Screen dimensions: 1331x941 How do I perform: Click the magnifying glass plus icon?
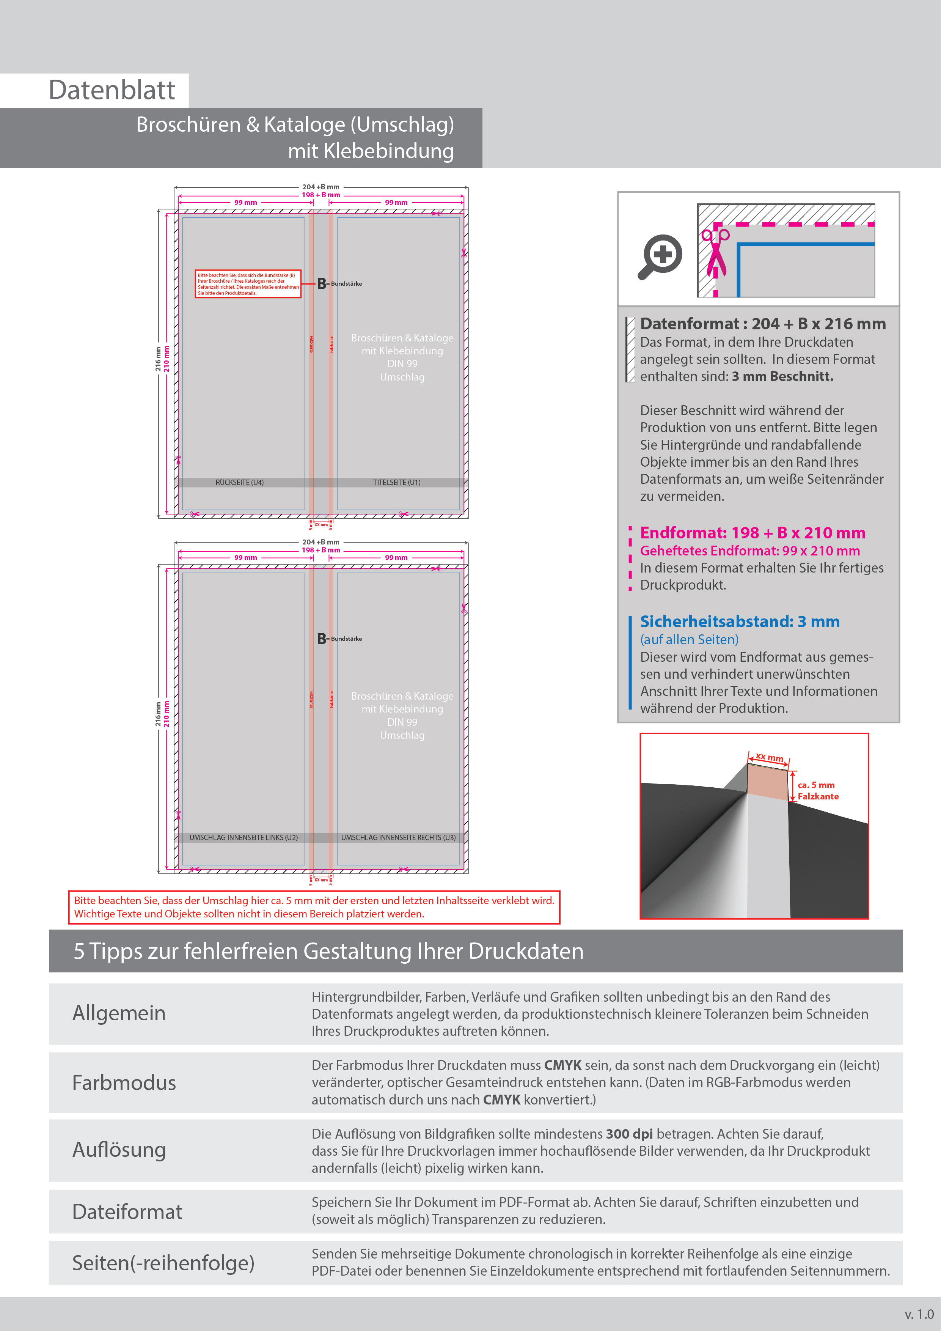coord(661,256)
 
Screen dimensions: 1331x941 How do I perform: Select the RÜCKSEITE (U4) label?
coord(239,482)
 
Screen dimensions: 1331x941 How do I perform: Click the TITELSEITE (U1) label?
coord(396,482)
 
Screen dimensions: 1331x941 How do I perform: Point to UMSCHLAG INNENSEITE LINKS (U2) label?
coord(243,838)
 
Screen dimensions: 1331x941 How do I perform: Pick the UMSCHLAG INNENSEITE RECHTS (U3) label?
coord(398,838)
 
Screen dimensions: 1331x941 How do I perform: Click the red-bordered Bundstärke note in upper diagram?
coord(248,284)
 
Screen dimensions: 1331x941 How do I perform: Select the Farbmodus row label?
coord(124,1083)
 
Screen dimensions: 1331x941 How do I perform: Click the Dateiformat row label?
coord(127,1211)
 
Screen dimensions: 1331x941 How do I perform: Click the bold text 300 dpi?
coord(629,1134)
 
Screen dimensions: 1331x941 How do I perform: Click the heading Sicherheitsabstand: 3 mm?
coord(739,621)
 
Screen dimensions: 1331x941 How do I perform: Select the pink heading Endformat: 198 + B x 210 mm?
coord(752,533)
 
